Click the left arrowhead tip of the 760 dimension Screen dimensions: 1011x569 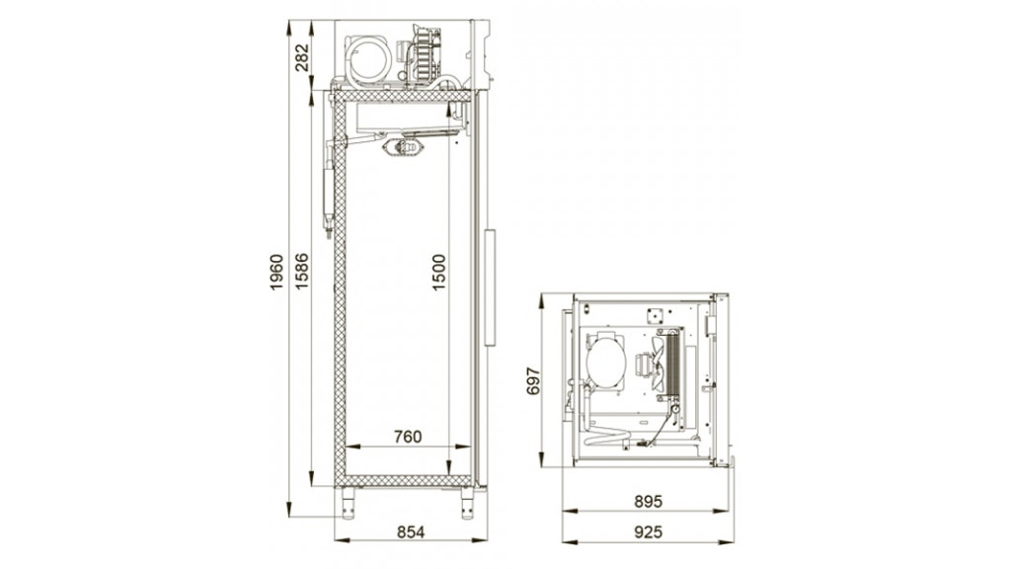[347, 446]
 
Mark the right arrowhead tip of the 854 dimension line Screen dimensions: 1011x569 [488, 540]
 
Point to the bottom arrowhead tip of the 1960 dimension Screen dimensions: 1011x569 [289, 516]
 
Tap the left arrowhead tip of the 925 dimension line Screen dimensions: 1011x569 [562, 542]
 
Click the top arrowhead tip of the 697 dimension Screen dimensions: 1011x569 [543, 294]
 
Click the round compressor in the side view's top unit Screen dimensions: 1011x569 [369, 60]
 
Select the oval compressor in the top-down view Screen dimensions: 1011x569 [606, 361]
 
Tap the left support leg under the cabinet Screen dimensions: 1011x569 [349, 503]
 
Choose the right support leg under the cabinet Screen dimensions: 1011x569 [467, 503]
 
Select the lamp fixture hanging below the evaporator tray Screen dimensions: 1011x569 [404, 148]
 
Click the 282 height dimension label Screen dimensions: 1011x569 [302, 57]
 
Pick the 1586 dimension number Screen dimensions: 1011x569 [302, 271]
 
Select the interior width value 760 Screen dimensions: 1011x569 [408, 437]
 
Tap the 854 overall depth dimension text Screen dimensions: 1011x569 [411, 531]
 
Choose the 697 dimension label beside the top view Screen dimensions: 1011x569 [533, 380]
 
